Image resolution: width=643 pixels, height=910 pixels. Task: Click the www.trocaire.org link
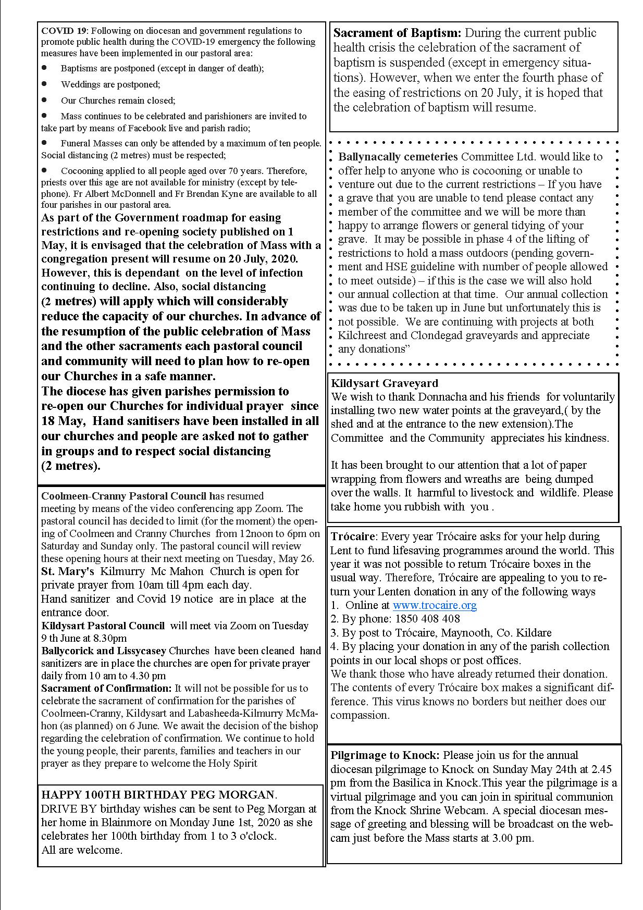(435, 605)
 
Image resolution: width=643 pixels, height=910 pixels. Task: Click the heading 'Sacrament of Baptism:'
(397, 33)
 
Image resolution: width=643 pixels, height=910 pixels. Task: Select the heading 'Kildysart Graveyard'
(385, 383)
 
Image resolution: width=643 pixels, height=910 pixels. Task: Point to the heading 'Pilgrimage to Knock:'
(385, 755)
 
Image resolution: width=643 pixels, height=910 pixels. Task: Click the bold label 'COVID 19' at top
(58, 31)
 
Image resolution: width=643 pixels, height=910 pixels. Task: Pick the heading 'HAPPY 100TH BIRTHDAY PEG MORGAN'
(158, 795)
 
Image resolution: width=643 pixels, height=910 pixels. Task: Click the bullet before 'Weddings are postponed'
(44, 83)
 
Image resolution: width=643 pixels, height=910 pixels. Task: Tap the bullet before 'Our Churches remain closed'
(44, 99)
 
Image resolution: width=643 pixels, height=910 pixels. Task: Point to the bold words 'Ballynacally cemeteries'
(398, 157)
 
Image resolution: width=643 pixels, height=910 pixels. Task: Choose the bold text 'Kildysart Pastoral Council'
(103, 626)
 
